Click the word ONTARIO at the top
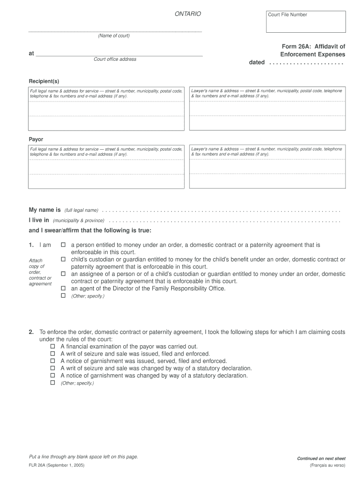187,14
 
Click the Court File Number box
306,22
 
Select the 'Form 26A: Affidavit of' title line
313,46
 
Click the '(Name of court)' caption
114,36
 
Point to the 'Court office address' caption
115,59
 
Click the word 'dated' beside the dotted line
257,62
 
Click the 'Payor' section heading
36,139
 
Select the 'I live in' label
39,220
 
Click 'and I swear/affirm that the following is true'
90,230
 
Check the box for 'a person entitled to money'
63,245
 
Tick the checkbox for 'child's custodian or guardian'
63,259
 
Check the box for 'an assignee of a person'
63,274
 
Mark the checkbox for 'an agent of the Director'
63,288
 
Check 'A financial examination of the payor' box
53,347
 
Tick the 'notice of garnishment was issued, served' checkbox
53,361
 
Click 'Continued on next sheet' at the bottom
321,458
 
